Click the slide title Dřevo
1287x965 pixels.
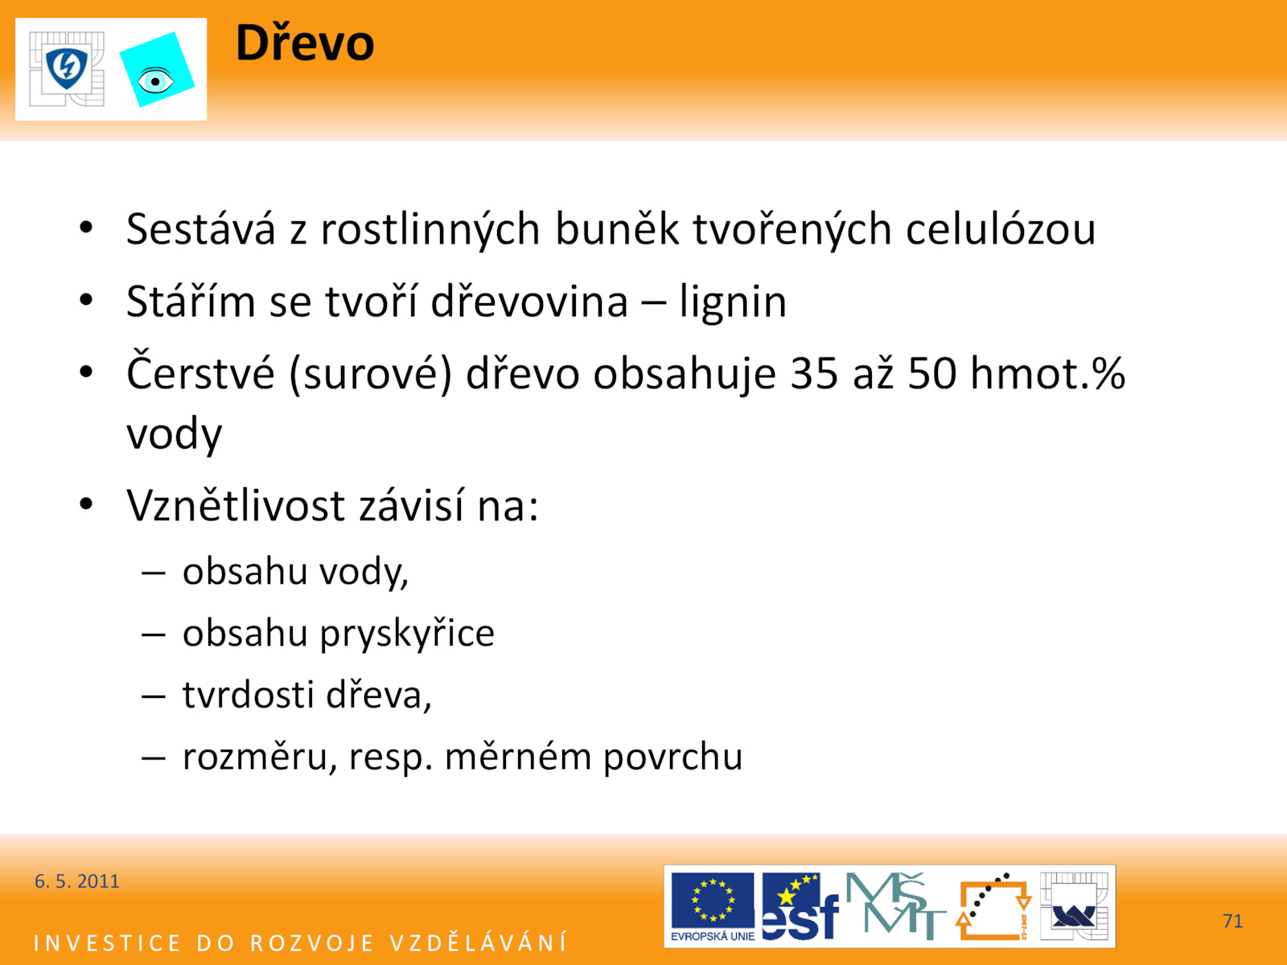[304, 42]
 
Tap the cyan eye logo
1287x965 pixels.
[157, 70]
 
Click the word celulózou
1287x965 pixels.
[1001, 229]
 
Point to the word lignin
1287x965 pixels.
[733, 302]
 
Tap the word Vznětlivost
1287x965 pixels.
[236, 505]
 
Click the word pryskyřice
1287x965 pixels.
[407, 634]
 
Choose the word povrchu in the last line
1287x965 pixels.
[673, 757]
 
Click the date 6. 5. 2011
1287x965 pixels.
[76, 881]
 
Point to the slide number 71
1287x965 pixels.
[1233, 921]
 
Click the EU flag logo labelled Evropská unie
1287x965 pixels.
[713, 906]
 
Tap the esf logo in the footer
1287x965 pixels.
[800, 906]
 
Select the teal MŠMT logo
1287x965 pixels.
[895, 905]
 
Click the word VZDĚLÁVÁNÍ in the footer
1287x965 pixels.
[479, 942]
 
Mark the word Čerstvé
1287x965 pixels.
[200, 372]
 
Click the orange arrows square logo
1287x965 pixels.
[993, 906]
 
